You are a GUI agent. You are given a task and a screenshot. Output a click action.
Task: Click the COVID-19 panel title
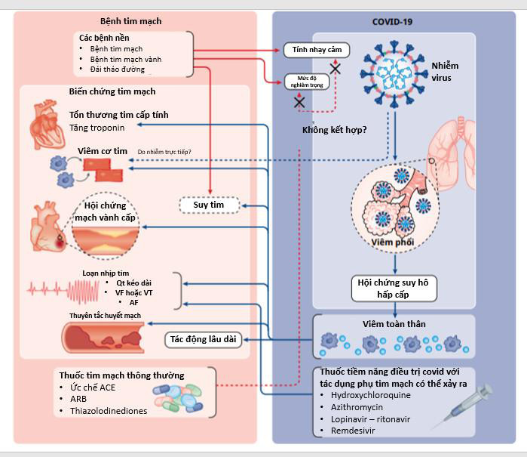(x=393, y=20)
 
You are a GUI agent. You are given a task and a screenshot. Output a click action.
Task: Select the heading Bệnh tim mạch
(x=131, y=21)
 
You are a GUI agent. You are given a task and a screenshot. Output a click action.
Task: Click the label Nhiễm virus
(x=445, y=71)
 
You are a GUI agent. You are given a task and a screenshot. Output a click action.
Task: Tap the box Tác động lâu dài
(x=201, y=339)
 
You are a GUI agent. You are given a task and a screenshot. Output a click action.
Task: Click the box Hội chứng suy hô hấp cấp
(x=394, y=288)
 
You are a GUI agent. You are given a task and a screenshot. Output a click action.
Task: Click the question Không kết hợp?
(x=334, y=129)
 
